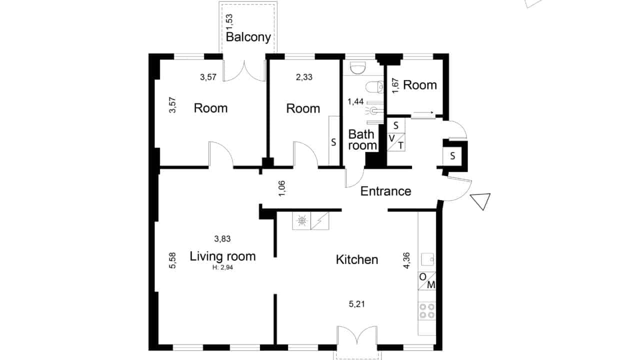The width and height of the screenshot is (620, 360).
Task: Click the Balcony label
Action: click(x=248, y=37)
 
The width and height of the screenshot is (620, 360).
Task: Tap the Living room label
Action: click(x=222, y=256)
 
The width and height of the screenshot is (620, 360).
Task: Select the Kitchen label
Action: click(x=357, y=259)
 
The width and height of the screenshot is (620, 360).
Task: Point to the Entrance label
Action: click(x=385, y=191)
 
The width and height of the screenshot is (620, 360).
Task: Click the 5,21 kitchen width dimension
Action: click(x=357, y=304)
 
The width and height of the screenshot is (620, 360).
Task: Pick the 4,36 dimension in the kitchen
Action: click(x=406, y=260)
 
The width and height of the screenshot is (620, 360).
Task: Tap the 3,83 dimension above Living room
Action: click(x=222, y=238)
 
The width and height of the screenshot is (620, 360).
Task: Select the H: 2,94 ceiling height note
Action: click(x=222, y=267)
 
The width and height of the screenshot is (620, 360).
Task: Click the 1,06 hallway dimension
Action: click(x=282, y=188)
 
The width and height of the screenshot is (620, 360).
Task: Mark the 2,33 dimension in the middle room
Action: click(x=304, y=77)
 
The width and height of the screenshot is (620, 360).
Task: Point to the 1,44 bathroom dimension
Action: click(x=355, y=102)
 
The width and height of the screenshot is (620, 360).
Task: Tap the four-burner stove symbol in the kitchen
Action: click(x=427, y=310)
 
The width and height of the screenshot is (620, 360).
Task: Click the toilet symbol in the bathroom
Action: click(x=374, y=87)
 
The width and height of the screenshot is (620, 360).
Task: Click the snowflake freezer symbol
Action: click(x=301, y=220)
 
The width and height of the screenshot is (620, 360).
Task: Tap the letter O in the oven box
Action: click(x=422, y=276)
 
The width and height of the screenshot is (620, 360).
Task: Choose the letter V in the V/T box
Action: click(x=391, y=138)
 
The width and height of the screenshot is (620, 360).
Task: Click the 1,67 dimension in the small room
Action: click(x=395, y=86)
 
